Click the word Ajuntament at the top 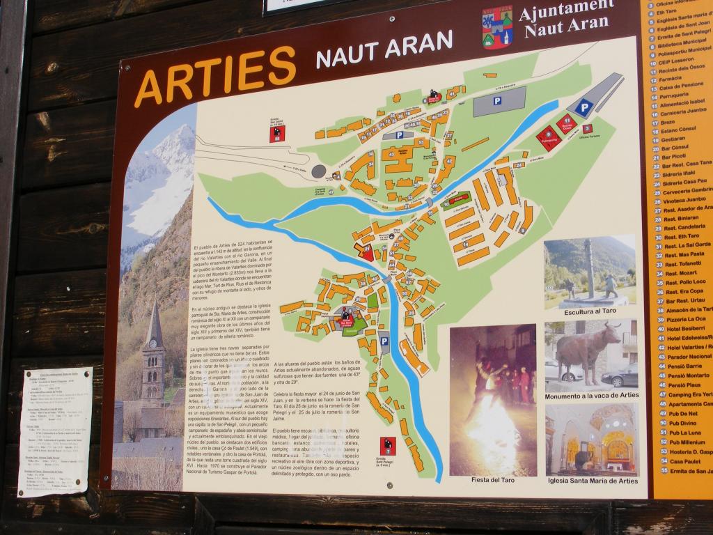(x=567, y=10)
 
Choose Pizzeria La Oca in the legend (x=685, y=318)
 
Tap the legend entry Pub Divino (x=681, y=423)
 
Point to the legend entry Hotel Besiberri (x=685, y=327)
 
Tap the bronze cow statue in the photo (x=586, y=351)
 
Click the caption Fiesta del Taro (x=492, y=479)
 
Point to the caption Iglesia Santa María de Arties (x=593, y=480)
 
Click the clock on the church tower (x=153, y=343)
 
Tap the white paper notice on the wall (x=54, y=431)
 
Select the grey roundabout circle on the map (x=319, y=171)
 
